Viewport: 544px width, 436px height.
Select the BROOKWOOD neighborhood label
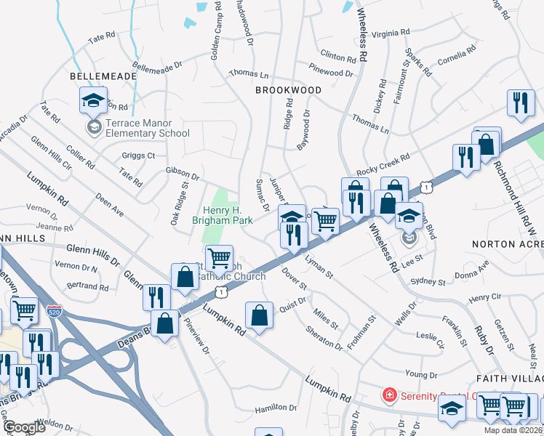(288, 90)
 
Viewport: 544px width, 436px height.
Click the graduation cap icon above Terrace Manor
(93, 101)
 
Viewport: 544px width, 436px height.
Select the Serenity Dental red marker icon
(389, 396)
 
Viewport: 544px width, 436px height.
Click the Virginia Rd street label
(391, 33)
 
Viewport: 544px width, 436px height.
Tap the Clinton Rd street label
(337, 55)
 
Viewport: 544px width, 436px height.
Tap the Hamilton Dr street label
(276, 408)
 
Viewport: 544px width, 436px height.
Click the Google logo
(25, 428)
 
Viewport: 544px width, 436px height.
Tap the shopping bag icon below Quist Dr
(259, 316)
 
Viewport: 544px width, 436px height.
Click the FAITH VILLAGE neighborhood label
(510, 379)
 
